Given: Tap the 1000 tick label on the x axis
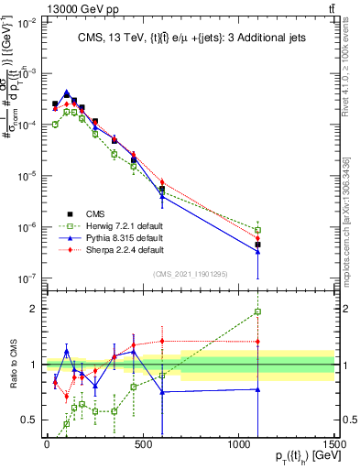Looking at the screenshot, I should pos(238,444).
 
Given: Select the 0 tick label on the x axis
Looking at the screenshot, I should pos(47,444).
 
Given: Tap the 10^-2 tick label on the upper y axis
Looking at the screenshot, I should pos(27,22).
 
